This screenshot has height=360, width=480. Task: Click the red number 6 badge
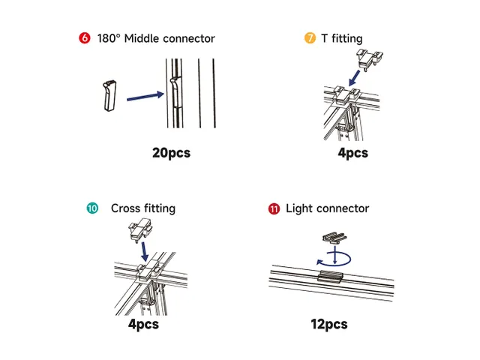tap(84, 38)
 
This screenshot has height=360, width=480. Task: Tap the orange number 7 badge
tap(310, 38)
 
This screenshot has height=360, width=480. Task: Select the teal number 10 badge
tap(92, 208)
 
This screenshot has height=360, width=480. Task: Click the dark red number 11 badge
tap(274, 208)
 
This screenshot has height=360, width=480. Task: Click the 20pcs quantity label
tap(171, 153)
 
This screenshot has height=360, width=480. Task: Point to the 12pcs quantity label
tap(329, 324)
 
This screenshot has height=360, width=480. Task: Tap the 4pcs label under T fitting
tap(352, 153)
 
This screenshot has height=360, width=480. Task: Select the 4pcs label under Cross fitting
tap(142, 324)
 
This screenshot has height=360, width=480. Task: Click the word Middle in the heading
tap(149, 38)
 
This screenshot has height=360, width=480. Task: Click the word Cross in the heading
tap(126, 208)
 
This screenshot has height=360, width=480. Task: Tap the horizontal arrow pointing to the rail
tap(145, 95)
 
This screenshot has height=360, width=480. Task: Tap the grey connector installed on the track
tap(331, 277)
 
